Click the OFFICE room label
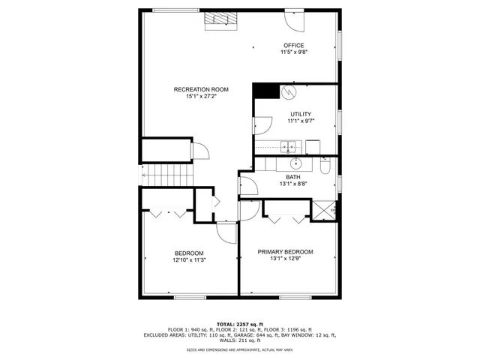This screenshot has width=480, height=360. [x=293, y=46]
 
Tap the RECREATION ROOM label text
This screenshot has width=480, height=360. [x=201, y=89]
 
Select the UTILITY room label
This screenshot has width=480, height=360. [x=301, y=114]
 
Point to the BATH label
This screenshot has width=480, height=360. [x=292, y=177]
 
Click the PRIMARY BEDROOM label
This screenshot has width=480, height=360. [x=285, y=252]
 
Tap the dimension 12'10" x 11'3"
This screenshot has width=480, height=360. [x=189, y=260]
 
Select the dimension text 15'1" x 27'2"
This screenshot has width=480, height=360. [x=201, y=96]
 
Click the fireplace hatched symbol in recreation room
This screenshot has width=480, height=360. [x=220, y=20]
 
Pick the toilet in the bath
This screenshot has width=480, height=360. [x=325, y=164]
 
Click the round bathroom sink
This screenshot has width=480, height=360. [x=295, y=163]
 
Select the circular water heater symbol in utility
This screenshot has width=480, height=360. [x=289, y=93]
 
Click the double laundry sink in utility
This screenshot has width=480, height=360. [x=288, y=145]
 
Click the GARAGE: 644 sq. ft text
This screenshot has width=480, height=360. [x=274, y=334]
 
